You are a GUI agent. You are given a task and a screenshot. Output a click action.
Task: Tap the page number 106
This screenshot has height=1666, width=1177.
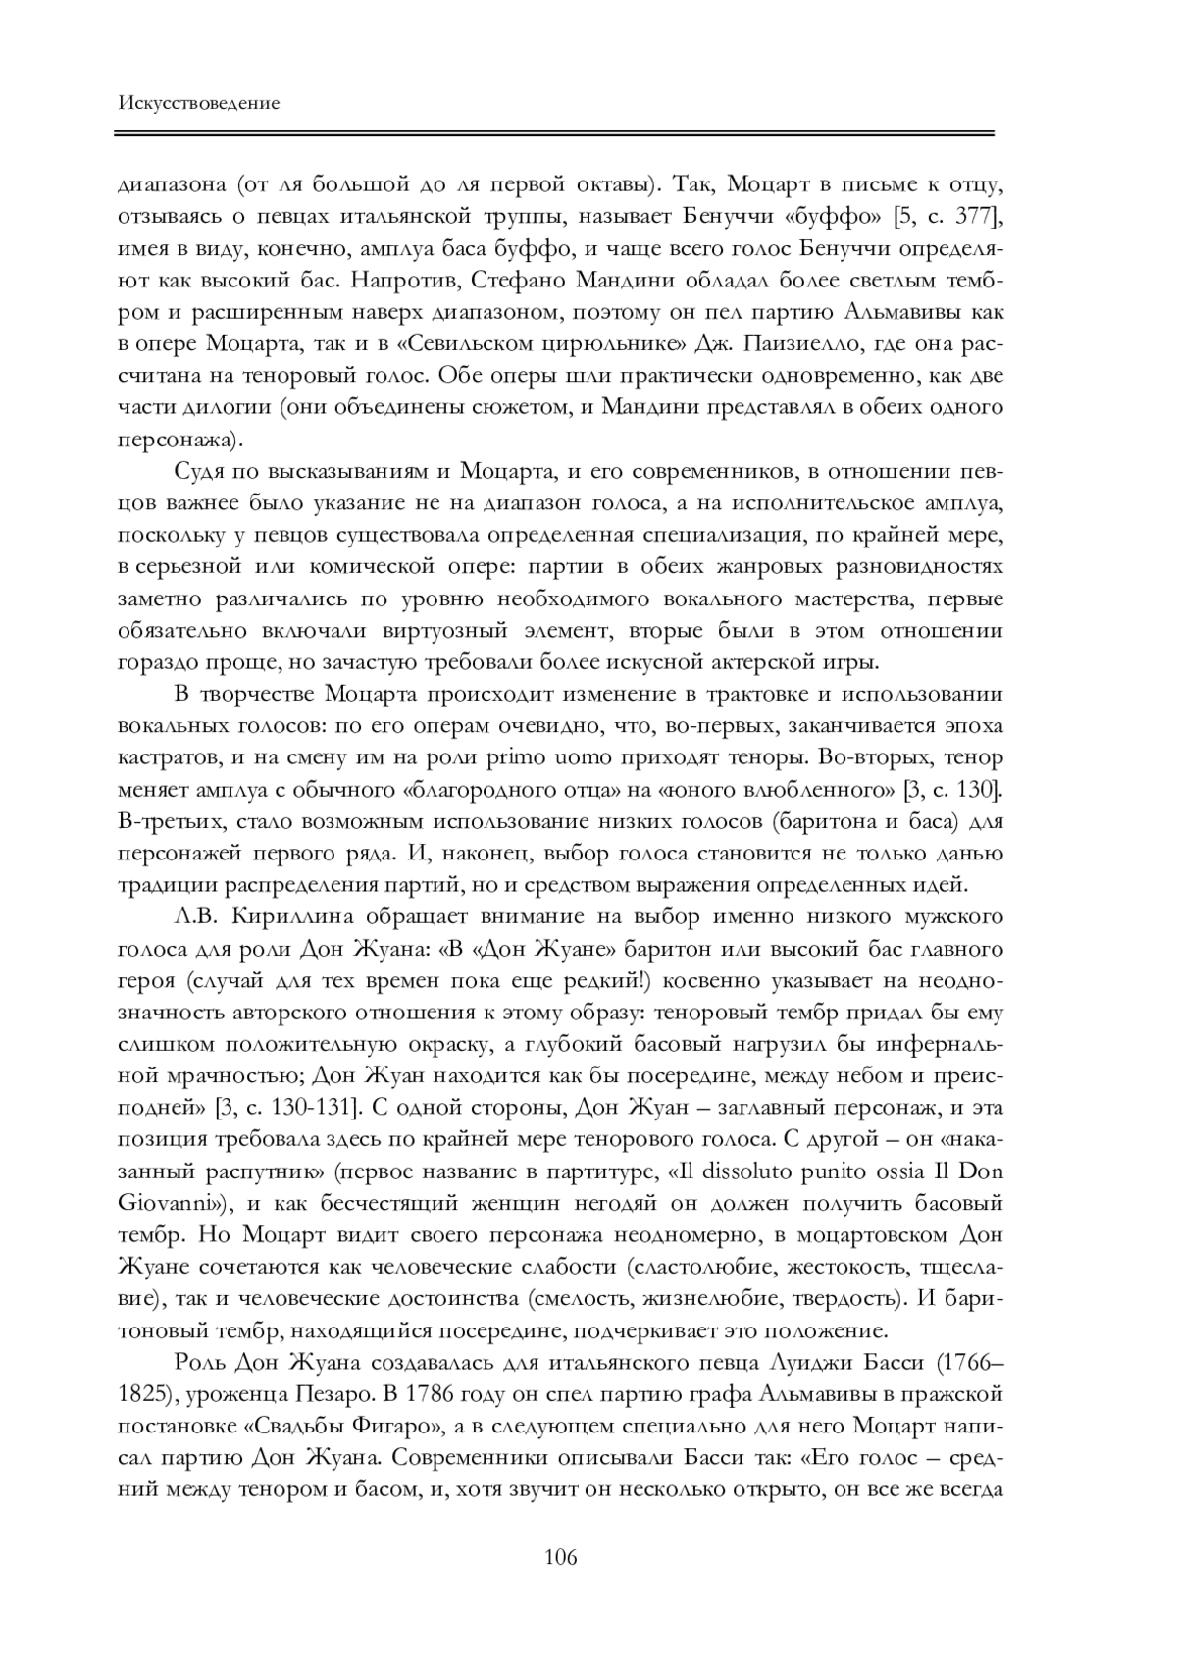click(560, 1557)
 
